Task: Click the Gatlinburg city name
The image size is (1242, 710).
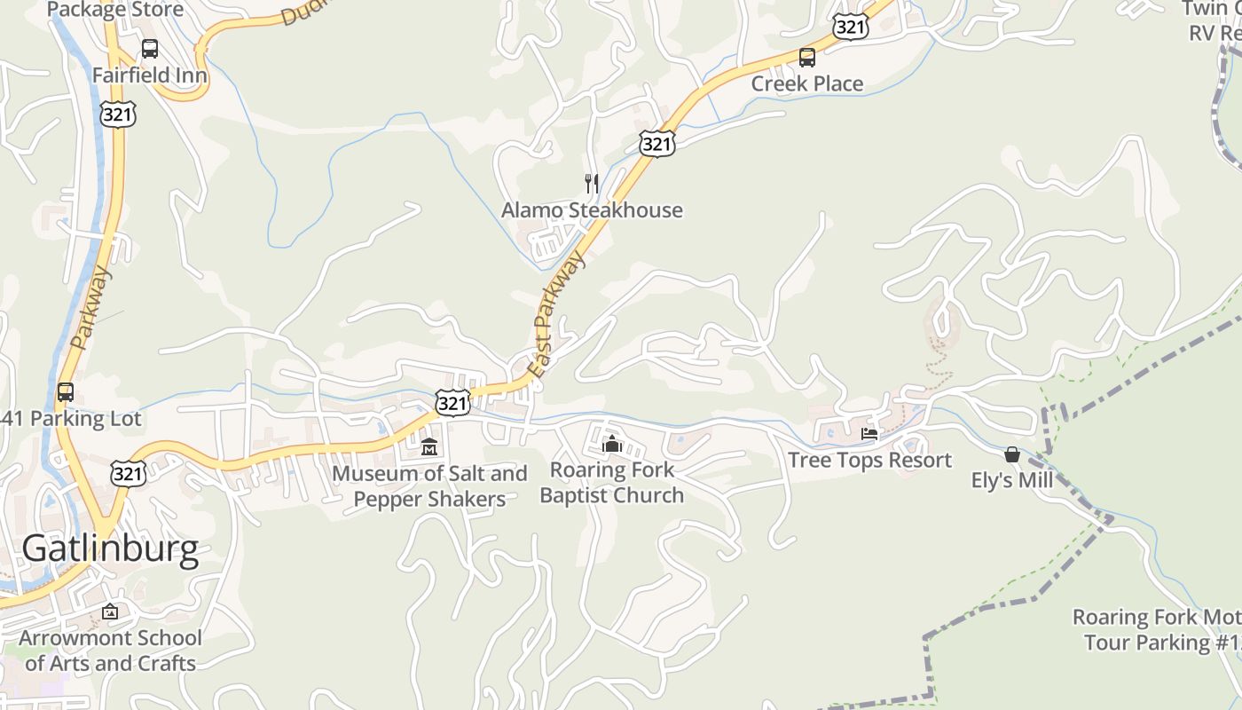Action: coord(110,549)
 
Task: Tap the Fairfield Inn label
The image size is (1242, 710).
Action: coord(150,75)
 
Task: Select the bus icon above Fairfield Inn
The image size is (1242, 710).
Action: coord(150,49)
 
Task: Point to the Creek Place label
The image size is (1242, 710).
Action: coord(806,83)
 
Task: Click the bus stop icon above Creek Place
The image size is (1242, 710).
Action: coord(806,58)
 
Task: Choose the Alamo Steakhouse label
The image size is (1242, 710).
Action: coord(592,210)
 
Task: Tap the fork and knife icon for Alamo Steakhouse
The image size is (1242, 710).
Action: coord(591,184)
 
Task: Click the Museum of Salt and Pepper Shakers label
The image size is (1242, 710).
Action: coord(429,485)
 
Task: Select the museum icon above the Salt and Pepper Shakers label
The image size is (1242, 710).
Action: coord(429,446)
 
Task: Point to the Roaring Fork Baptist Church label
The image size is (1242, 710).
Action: coord(612,482)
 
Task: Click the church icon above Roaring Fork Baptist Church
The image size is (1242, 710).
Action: coord(611,443)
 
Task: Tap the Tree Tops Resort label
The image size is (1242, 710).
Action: coord(869,460)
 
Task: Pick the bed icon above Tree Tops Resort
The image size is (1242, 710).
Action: coord(869,434)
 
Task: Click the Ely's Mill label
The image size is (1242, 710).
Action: coord(1012,480)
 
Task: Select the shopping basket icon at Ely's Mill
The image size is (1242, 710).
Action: coord(1012,454)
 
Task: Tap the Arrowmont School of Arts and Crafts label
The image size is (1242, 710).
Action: coord(110,651)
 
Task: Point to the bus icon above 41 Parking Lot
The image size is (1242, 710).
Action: coord(66,392)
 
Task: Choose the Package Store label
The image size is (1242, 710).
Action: coord(115,11)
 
